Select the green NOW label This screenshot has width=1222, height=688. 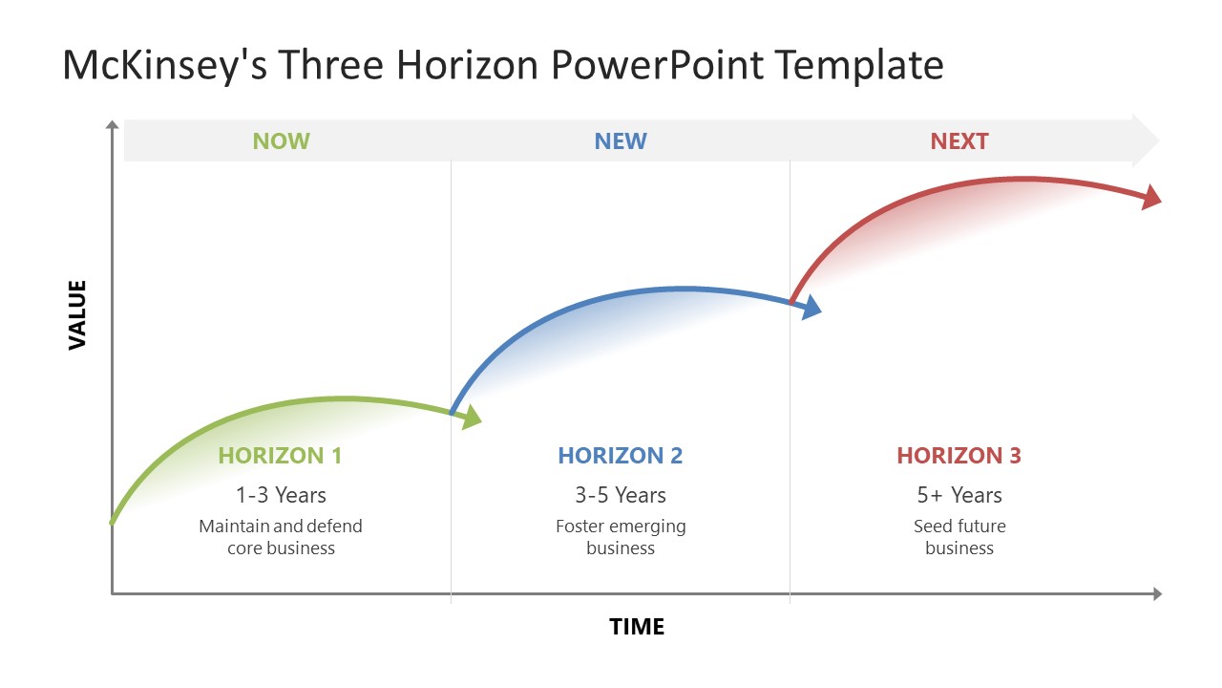(281, 141)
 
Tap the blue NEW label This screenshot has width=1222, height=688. (621, 141)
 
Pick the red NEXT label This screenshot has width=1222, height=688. (959, 141)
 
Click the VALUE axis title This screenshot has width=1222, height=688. (77, 314)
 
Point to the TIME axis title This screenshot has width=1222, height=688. (637, 627)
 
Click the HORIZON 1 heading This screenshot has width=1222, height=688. (280, 456)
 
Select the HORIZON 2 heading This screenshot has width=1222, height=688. (621, 456)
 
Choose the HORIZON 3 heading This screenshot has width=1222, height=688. (959, 456)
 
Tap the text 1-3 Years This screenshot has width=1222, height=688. (281, 495)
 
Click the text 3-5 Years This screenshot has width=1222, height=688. (621, 495)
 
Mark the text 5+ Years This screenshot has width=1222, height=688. (959, 495)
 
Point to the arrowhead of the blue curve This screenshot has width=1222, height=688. (811, 307)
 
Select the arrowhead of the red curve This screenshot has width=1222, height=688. (1151, 196)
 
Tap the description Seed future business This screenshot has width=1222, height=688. (959, 537)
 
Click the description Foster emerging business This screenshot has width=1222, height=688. (621, 537)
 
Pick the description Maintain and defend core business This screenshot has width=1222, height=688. (281, 537)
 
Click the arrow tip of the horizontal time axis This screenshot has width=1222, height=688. (1157, 594)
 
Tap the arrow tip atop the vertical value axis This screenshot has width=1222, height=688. (113, 124)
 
